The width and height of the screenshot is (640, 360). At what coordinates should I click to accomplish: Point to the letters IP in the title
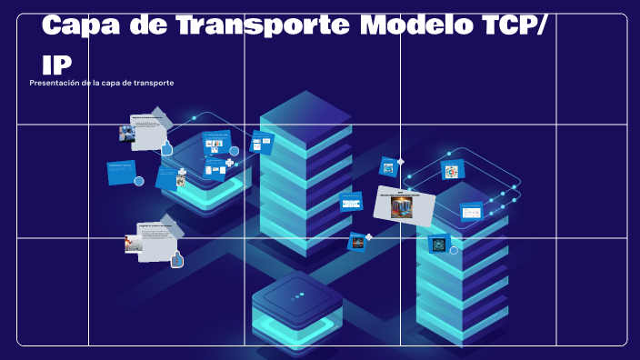(x=56, y=64)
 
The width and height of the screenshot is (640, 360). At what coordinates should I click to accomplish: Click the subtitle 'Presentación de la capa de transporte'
(x=102, y=83)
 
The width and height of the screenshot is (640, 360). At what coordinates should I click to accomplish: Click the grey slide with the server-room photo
(x=404, y=205)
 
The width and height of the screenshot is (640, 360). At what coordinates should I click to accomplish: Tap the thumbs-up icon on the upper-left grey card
(x=166, y=147)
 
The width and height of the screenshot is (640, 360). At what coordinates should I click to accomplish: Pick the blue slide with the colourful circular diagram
(x=453, y=170)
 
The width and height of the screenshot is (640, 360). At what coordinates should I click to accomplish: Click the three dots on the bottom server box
(x=297, y=296)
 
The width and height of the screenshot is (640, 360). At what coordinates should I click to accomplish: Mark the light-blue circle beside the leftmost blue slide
(x=139, y=181)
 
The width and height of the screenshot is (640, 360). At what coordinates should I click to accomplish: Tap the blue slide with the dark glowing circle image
(x=440, y=244)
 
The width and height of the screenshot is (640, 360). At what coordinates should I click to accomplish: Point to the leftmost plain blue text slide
(x=121, y=172)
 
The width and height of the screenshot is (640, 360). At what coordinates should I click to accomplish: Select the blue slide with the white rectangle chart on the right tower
(x=471, y=212)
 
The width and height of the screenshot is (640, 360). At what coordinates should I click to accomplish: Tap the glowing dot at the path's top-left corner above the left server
(x=194, y=118)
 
